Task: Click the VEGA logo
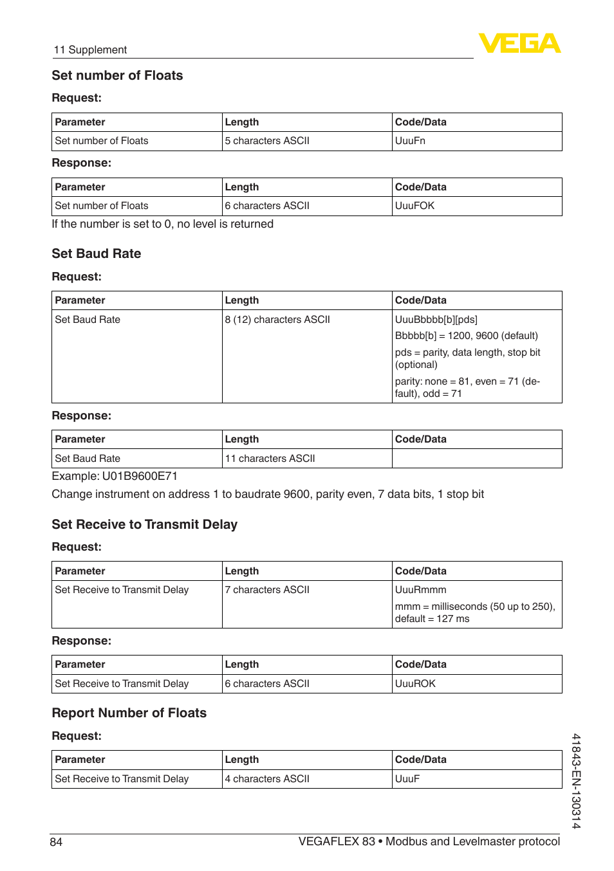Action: tap(519, 43)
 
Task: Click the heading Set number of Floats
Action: tap(117, 76)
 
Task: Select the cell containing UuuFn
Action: tap(410, 141)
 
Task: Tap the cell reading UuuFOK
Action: tap(414, 206)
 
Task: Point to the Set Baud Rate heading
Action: tap(96, 254)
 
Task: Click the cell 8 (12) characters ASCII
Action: tap(277, 320)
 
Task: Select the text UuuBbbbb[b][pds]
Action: tap(436, 320)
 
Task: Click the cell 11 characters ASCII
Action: tap(270, 459)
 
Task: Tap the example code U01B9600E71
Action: tap(140, 477)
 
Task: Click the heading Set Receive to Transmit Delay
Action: tap(144, 525)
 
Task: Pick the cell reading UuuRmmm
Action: tap(420, 590)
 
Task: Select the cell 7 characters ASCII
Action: tap(267, 590)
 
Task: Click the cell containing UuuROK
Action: tap(415, 684)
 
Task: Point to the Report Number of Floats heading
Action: tap(129, 713)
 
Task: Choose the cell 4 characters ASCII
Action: tap(267, 779)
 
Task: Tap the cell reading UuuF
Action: tap(407, 779)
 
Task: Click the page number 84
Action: tap(56, 842)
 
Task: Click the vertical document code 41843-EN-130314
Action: tap(576, 781)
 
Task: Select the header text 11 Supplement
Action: tap(90, 50)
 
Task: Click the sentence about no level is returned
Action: tap(162, 225)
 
